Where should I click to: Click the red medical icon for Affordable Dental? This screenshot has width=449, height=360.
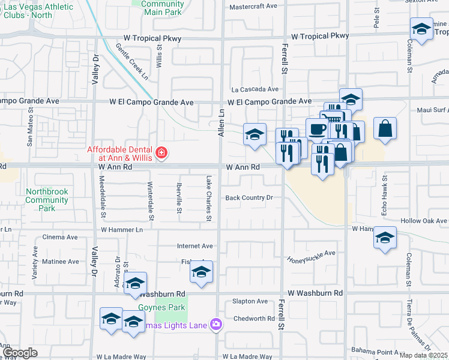tap(161, 154)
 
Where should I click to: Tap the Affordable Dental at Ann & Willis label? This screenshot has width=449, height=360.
tap(120, 154)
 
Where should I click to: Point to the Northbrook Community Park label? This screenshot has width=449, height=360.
tap(47, 200)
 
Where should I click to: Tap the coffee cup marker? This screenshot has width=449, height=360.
tap(317, 129)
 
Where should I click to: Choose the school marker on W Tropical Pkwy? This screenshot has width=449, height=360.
tap(422, 29)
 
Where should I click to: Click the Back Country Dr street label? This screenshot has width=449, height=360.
tap(249, 197)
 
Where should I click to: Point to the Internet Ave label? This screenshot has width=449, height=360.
tap(194, 246)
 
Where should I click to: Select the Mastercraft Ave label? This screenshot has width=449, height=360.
tap(253, 6)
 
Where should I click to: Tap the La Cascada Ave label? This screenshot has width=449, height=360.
tap(259, 88)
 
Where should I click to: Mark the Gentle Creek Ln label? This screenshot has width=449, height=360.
tap(132, 62)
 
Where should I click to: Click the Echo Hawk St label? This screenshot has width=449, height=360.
tap(385, 190)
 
